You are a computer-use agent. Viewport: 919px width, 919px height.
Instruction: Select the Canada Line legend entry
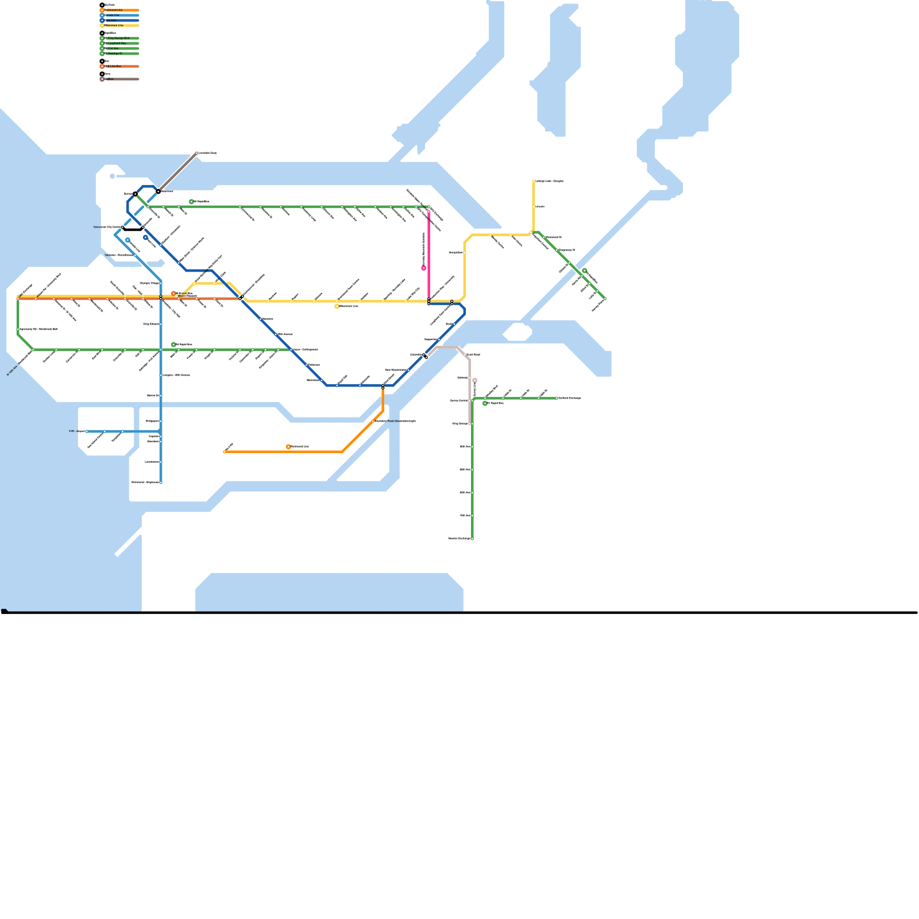click(x=113, y=16)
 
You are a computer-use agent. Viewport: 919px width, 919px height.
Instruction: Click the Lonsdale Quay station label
click(x=207, y=153)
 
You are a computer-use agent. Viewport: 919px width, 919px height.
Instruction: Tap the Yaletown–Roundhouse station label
click(x=118, y=255)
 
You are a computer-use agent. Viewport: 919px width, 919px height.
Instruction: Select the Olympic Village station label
click(x=149, y=283)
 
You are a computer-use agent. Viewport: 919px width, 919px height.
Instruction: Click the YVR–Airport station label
click(x=76, y=431)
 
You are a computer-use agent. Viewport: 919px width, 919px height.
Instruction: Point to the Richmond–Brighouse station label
click(x=145, y=482)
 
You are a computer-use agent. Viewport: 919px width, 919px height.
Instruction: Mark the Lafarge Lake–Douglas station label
click(x=549, y=182)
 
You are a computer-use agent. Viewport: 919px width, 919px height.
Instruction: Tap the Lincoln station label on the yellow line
click(x=540, y=207)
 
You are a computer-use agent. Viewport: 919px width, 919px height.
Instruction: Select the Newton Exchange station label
click(x=459, y=539)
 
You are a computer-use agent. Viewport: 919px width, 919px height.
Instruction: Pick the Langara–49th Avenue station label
click(x=176, y=375)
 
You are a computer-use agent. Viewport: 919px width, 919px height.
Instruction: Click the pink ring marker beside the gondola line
click(x=424, y=268)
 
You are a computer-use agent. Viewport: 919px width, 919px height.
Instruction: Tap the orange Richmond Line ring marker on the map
click(x=288, y=447)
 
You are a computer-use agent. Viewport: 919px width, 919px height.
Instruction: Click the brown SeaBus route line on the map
click(x=178, y=171)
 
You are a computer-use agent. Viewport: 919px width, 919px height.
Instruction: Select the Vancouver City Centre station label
click(x=107, y=227)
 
